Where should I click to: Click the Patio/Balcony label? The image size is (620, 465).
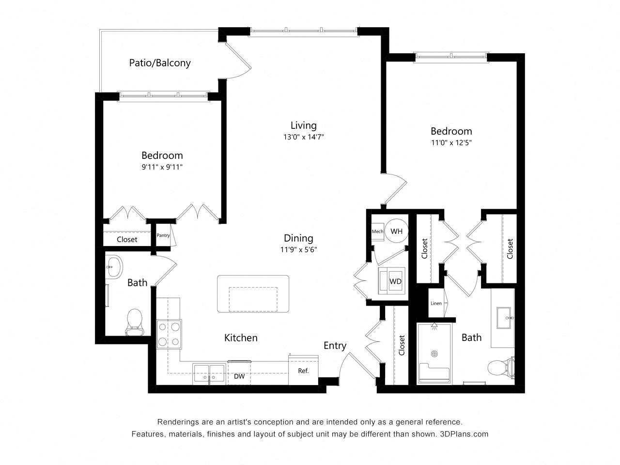(159, 62)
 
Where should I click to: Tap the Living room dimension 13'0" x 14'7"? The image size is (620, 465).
(303, 137)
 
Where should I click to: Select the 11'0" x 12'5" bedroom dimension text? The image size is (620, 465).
(451, 142)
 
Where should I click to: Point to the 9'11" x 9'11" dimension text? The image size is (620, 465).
(162, 167)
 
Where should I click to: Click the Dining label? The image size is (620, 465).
(298, 238)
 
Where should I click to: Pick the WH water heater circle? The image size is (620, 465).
(397, 231)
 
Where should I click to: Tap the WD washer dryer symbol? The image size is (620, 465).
(391, 281)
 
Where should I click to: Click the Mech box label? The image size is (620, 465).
(377, 231)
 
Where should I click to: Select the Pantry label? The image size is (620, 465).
(163, 235)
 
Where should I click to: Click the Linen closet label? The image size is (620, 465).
(436, 303)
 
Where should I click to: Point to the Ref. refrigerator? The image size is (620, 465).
(303, 370)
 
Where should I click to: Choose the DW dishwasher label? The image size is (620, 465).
(239, 376)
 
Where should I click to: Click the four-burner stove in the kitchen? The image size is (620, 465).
(169, 334)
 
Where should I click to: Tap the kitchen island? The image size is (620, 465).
(253, 294)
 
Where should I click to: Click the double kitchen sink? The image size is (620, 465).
(209, 374)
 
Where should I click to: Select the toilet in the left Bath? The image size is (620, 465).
(135, 322)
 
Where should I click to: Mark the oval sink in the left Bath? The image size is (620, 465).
(114, 267)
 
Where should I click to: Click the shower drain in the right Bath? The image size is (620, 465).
(434, 354)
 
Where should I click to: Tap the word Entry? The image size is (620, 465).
(335, 345)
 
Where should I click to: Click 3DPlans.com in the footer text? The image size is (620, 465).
(464, 434)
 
